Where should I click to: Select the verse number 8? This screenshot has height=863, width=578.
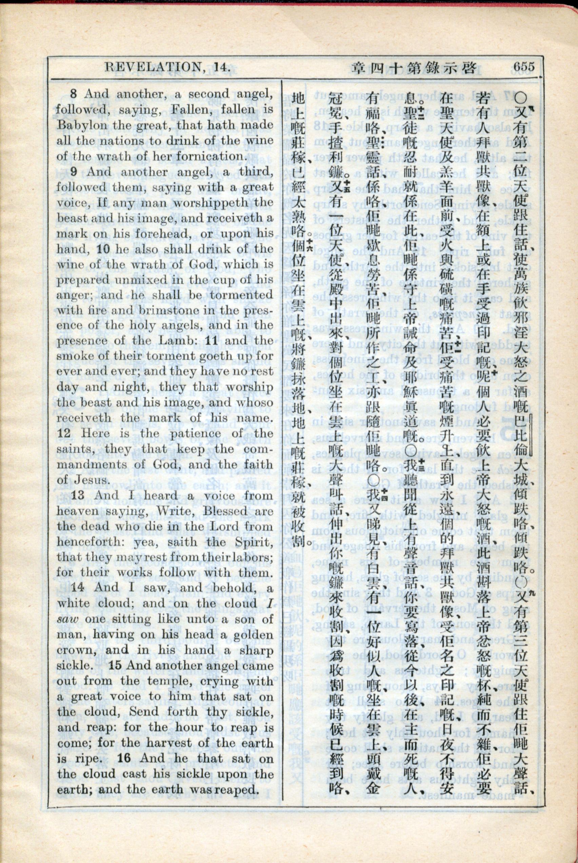(73, 94)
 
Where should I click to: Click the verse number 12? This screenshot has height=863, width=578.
(64, 433)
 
